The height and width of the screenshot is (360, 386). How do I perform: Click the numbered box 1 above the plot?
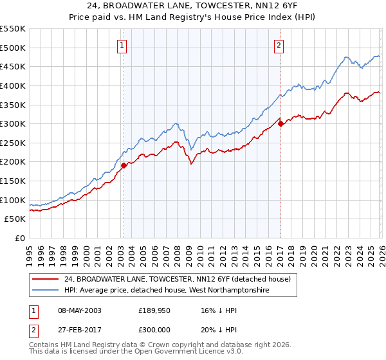(122, 45)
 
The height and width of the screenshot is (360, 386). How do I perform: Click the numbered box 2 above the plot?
(279, 45)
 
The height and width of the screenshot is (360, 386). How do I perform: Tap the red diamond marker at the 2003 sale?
(124, 165)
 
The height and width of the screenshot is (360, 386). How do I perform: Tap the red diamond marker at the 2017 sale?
(280, 123)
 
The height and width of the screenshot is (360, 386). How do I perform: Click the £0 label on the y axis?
(21, 239)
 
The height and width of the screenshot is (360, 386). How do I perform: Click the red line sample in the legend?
(46, 279)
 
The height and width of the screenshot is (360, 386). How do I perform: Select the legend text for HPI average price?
(166, 291)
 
